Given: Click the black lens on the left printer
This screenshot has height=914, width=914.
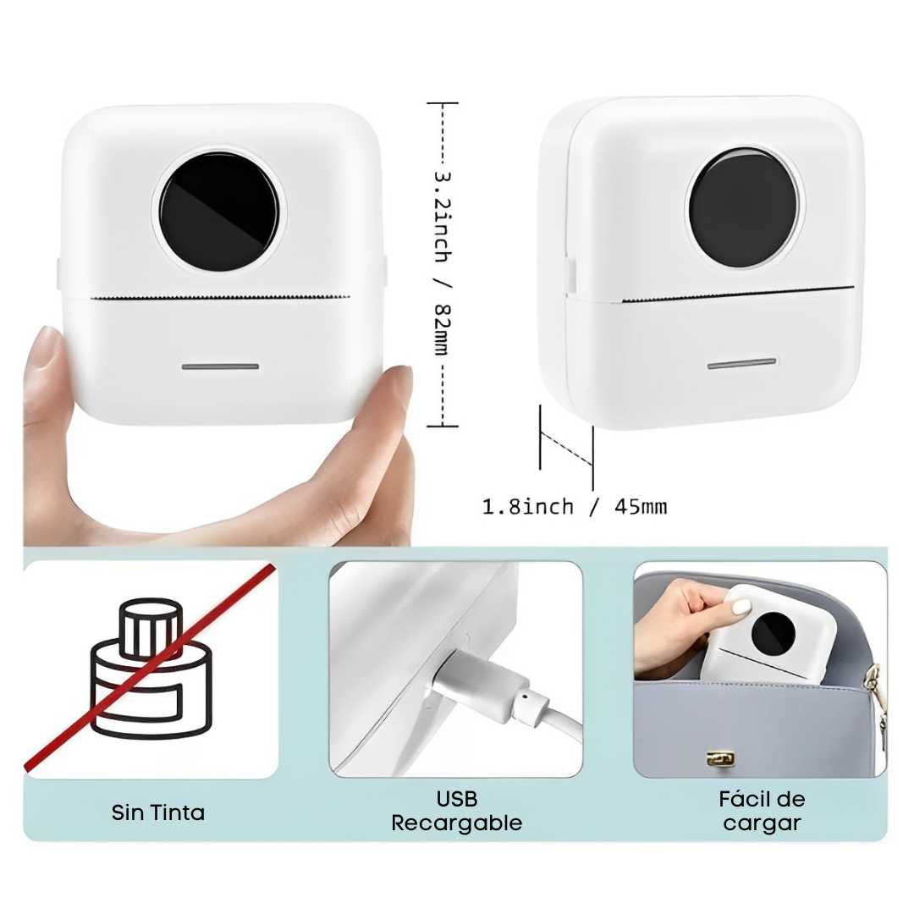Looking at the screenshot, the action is tap(219, 212).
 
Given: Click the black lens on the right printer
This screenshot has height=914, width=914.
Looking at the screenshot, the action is tap(743, 208).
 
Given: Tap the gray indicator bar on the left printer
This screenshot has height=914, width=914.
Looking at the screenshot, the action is tap(220, 366).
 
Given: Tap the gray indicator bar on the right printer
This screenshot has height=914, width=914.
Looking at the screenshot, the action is tap(742, 364).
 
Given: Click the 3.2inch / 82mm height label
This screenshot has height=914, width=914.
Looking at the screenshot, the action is tap(443, 263).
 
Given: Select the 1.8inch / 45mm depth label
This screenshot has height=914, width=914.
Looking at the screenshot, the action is tap(574, 507).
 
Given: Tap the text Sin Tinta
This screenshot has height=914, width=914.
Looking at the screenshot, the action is tap(158, 812).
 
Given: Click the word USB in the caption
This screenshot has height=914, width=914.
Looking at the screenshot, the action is tap(457, 799).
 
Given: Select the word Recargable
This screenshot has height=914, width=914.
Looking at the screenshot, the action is tap(456, 823).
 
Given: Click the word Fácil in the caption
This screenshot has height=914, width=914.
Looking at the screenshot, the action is tap(744, 799).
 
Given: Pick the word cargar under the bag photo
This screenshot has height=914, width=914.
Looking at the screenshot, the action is tap(762, 823).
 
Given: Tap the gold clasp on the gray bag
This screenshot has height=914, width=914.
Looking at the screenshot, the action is tap(720, 758).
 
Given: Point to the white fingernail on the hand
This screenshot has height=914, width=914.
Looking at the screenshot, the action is tap(741, 608).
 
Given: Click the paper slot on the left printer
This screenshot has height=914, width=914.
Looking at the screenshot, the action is tap(220, 298).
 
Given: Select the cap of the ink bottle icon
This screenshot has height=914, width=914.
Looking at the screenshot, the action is tap(151, 620).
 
